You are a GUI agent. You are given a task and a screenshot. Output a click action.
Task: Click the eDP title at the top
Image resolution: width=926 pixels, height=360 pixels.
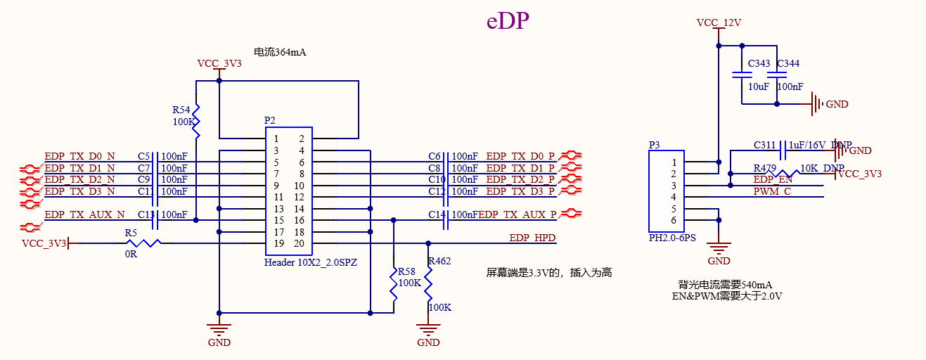[x=508, y=22]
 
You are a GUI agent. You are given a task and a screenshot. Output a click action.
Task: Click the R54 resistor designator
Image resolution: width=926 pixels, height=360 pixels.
[x=181, y=110]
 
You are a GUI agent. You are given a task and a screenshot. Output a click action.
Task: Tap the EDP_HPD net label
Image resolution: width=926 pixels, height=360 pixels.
[x=532, y=238]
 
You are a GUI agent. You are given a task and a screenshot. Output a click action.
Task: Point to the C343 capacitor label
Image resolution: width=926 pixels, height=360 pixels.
[x=759, y=64]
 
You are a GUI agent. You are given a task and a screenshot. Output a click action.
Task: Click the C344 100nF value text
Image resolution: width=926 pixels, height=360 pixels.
[x=790, y=86]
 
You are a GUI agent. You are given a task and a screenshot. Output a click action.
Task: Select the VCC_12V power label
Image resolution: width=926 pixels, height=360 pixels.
[x=719, y=22]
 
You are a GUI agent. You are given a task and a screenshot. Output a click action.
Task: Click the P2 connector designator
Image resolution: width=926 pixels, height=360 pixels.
[x=270, y=120]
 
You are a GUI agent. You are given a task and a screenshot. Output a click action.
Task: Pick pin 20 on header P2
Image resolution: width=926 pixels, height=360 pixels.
[x=300, y=243]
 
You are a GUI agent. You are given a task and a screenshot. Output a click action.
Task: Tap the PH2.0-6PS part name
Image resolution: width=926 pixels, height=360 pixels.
[x=672, y=238]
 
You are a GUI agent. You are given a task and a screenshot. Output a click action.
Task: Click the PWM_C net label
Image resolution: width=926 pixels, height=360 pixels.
[x=772, y=191]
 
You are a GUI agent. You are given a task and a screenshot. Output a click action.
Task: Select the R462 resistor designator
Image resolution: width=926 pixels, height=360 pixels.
[x=439, y=262]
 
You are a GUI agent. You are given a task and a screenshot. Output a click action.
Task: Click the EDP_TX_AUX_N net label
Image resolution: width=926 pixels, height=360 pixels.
[x=84, y=214]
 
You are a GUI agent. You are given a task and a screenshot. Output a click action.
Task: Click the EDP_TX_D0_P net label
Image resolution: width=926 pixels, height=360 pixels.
[x=520, y=156]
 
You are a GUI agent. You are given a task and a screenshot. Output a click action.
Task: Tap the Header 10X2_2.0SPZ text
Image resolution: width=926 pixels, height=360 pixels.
[x=311, y=262]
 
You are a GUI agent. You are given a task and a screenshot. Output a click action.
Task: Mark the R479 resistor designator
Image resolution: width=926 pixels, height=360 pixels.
[x=764, y=169]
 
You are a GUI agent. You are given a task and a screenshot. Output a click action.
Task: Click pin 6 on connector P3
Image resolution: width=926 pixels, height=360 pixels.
[x=673, y=220]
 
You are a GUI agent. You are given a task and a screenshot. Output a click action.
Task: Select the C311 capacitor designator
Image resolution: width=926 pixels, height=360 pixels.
[x=764, y=146]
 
